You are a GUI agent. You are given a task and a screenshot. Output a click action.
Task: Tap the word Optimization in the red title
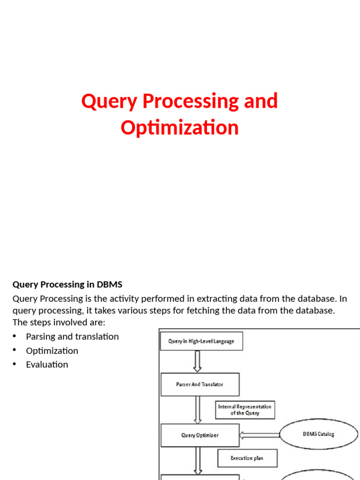[x=180, y=127]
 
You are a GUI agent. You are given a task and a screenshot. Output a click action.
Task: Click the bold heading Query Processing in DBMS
[x=67, y=284]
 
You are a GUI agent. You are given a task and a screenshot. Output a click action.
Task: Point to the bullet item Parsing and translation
[x=72, y=337]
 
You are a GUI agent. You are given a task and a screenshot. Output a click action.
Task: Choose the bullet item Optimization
[x=52, y=351]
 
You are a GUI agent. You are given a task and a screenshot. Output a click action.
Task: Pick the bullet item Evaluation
[x=47, y=364]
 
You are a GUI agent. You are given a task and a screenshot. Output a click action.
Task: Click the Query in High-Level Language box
[x=201, y=341]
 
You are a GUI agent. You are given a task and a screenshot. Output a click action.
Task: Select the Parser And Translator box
[x=200, y=384]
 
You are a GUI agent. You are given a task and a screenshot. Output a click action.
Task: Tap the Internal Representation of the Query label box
[x=245, y=410]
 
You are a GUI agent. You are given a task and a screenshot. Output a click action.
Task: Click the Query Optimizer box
[x=200, y=435]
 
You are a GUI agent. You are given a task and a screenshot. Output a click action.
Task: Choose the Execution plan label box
[x=247, y=458]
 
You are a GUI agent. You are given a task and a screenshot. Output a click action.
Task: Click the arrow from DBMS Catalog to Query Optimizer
[x=259, y=435]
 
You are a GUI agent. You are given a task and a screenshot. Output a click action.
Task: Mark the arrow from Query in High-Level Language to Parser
[x=197, y=361]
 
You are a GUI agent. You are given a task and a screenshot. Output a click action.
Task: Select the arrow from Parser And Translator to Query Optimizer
[x=197, y=410]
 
